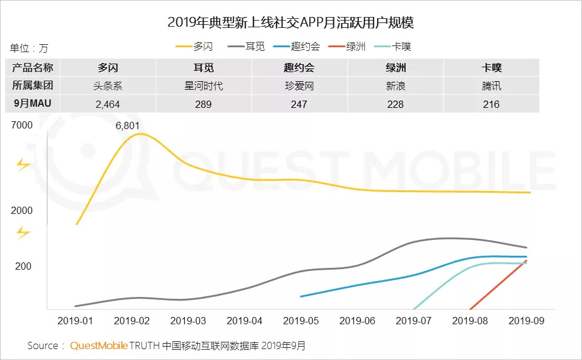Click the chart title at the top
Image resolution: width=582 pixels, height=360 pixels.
(x=291, y=23)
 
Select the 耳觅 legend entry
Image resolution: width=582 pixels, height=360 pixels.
(x=247, y=47)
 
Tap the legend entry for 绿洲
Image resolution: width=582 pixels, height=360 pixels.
(x=346, y=47)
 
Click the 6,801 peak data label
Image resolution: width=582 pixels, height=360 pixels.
(x=128, y=126)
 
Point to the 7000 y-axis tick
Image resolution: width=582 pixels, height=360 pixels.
(x=21, y=125)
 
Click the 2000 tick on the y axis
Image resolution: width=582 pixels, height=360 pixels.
(x=21, y=210)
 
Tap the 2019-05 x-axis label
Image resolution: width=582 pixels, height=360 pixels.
(x=301, y=320)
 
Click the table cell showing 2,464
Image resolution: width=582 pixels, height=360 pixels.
(x=108, y=104)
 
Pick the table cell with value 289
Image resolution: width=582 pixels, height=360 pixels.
(x=204, y=104)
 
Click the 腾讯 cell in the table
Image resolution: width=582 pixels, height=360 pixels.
(x=492, y=85)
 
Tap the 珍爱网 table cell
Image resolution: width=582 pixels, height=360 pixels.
(x=299, y=85)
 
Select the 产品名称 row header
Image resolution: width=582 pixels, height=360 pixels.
(x=33, y=67)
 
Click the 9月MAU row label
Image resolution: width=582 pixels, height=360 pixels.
(x=33, y=104)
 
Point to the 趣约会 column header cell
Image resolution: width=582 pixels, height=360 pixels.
(x=299, y=67)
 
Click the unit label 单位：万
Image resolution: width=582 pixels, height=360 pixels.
(x=29, y=48)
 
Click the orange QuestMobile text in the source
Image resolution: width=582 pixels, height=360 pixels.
(x=99, y=345)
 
